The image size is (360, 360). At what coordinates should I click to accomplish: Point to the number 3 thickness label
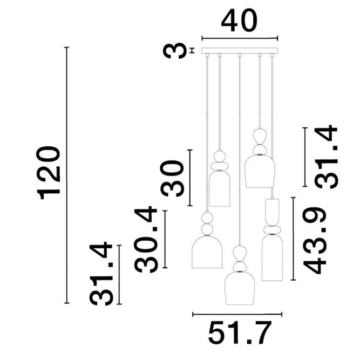pyautogui.click(x=174, y=51)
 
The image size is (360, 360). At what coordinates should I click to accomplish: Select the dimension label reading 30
pyautogui.click(x=174, y=178)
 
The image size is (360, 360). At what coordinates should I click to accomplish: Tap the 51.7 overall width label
pyautogui.click(x=238, y=333)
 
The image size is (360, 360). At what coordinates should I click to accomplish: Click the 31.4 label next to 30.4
pyautogui.click(x=102, y=274)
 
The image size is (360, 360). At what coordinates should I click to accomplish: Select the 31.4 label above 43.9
pyautogui.click(x=326, y=157)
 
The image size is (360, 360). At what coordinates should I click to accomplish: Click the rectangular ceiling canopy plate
pyautogui.click(x=239, y=51)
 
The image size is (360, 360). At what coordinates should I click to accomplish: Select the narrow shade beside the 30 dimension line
pyautogui.click(x=220, y=189)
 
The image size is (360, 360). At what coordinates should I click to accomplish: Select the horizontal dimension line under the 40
pyautogui.click(x=239, y=38)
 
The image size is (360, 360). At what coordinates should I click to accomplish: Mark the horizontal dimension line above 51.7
pyautogui.click(x=238, y=314)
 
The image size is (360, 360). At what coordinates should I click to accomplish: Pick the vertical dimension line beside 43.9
pyautogui.click(x=293, y=239)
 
